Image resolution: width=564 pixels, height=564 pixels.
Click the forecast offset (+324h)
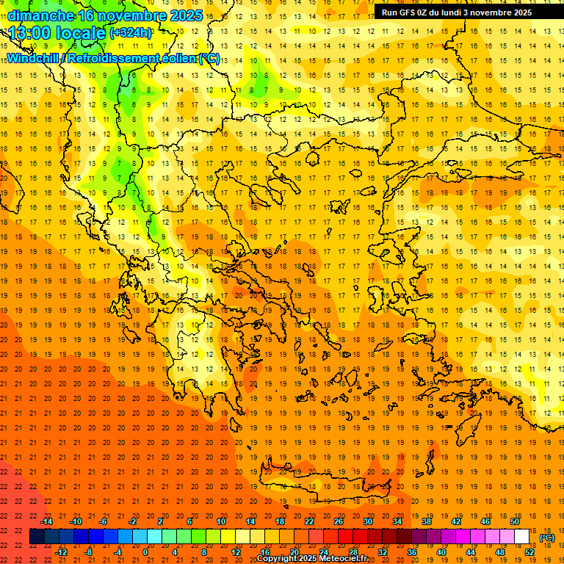(131, 33)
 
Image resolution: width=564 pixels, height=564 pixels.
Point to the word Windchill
(34, 58)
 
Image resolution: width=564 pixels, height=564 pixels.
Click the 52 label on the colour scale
(530, 552)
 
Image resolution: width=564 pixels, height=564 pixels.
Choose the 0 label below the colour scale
(145, 552)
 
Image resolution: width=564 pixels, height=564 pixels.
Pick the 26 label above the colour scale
(338, 521)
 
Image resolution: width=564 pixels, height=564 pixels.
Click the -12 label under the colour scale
(61, 552)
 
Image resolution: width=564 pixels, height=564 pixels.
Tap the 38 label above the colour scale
(427, 521)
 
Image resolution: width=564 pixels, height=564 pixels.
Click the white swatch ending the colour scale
(522, 537)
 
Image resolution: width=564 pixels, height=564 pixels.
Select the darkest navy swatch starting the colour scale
(37, 537)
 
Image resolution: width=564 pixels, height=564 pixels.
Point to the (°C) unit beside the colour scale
(546, 538)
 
